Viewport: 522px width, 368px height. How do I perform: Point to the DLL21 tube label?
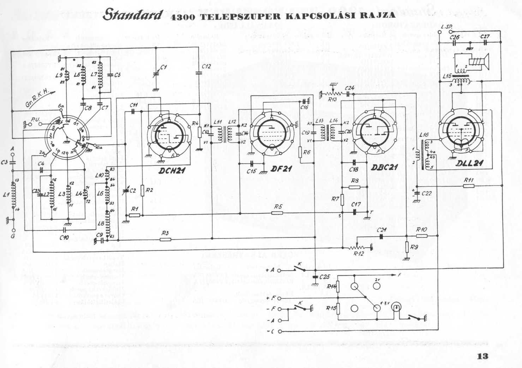469,163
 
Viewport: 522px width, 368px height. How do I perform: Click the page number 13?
482,356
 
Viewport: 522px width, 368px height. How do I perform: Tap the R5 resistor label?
278,207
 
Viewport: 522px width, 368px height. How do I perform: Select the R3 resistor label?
165,233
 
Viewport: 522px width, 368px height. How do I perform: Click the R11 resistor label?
469,180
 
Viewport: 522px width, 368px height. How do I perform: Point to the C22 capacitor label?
427,193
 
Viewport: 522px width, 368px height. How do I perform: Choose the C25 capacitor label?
324,277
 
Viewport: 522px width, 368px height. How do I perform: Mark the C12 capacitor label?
206,66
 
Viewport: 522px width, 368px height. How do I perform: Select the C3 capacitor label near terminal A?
4,162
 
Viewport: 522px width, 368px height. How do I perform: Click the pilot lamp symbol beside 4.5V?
397,308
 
